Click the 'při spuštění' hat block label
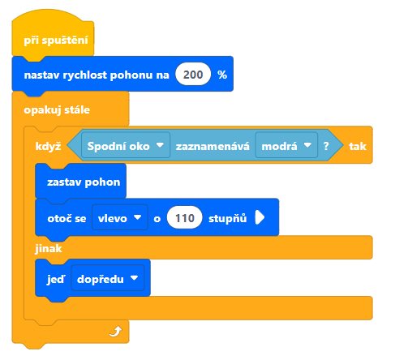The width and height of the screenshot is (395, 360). [x=56, y=41]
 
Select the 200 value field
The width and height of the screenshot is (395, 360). [x=193, y=75]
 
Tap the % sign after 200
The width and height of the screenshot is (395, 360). [x=222, y=75]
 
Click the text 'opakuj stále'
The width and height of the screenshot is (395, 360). [x=57, y=110]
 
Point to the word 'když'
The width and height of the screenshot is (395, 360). [x=48, y=146]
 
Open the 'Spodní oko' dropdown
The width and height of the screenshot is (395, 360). [x=126, y=145]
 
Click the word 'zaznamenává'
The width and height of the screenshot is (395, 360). [x=213, y=146]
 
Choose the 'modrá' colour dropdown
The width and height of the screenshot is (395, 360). [x=286, y=145]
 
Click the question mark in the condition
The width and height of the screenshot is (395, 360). [x=326, y=146]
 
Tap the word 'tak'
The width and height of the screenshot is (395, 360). [x=358, y=146]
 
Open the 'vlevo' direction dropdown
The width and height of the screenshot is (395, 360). [x=120, y=217]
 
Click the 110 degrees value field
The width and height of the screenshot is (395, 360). [x=185, y=217]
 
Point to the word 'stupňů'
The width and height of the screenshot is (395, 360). [x=228, y=218]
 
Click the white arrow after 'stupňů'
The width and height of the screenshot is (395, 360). [x=260, y=217]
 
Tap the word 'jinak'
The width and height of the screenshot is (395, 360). [x=49, y=248]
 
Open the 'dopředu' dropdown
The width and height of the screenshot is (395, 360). [x=108, y=278]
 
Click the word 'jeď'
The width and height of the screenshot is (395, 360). [x=56, y=279]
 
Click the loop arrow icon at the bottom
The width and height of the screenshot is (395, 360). [x=116, y=332]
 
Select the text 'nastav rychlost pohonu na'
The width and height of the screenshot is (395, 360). [x=97, y=75]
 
